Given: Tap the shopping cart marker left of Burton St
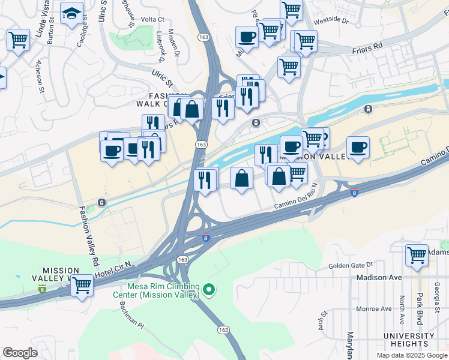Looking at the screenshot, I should click(x=18, y=40).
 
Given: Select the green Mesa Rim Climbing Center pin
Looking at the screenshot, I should click(x=209, y=290).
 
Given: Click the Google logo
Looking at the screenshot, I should click(x=20, y=353).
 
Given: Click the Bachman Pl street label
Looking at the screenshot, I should click(x=132, y=324).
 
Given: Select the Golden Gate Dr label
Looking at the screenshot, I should click(x=351, y=265).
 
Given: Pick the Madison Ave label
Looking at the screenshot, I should click(x=379, y=278).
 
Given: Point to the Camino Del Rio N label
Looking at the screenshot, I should click(x=296, y=205).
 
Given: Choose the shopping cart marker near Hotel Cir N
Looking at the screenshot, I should click(x=82, y=285).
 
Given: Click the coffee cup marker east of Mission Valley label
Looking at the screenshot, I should click(x=358, y=147).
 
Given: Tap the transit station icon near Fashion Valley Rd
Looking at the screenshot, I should click(x=101, y=203).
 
